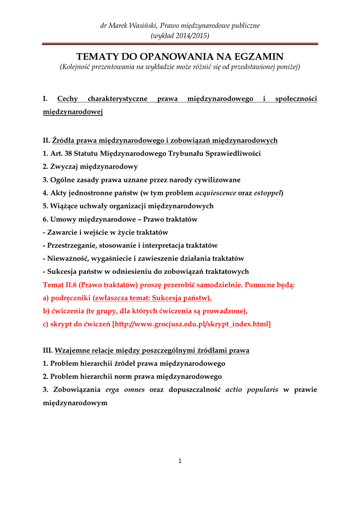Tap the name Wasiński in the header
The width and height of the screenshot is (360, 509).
(140, 25)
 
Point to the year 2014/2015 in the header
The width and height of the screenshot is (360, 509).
(189, 35)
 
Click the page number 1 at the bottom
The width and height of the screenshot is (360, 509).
(180, 461)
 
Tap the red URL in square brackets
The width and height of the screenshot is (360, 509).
(191, 324)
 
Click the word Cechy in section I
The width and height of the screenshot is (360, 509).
(68, 99)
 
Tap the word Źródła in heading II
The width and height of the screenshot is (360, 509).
(64, 141)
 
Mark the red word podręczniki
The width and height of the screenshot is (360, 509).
(70, 298)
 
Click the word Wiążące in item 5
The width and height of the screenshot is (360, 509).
(64, 206)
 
